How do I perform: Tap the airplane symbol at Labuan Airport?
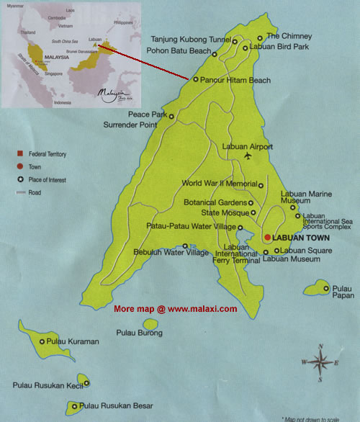click(248, 156)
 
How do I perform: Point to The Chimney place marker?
click(260, 38)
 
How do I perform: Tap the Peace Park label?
click(147, 115)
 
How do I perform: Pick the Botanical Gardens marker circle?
click(251, 203)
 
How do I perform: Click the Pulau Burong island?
click(139, 322)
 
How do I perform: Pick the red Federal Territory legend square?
click(21, 154)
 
